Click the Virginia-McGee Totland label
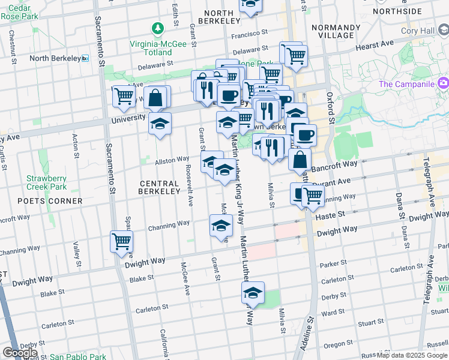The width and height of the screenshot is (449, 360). point(158,48)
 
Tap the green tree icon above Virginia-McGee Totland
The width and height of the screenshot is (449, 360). point(158,28)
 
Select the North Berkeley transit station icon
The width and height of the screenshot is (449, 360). point(85,58)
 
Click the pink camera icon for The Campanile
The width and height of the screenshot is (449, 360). point(444,83)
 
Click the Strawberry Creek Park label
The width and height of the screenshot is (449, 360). point(46,183)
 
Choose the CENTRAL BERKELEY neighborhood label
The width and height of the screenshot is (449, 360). point(159,187)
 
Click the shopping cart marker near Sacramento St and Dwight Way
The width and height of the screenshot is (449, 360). point(122,241)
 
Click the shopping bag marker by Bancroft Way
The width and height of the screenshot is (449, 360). point(300,160)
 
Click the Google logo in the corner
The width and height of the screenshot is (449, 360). point(20,353)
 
